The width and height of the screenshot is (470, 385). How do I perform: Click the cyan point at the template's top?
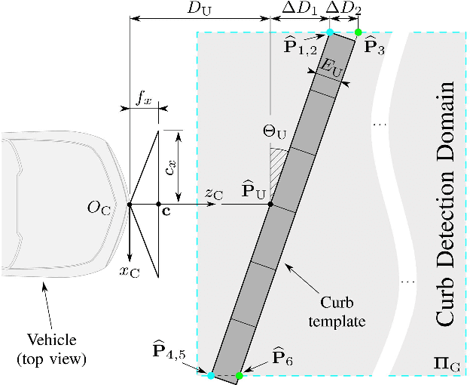coord(329,32)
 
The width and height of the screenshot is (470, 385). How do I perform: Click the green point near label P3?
coord(358,32)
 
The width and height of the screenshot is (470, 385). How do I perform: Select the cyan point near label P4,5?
coord(211,375)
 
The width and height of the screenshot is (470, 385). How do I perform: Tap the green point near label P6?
coord(240,375)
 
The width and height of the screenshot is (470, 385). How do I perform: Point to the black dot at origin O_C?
coord(130,204)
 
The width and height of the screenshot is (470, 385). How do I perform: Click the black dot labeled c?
coord(158,204)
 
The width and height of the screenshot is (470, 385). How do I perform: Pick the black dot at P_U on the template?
coord(270,204)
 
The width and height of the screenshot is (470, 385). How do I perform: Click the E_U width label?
coord(331,66)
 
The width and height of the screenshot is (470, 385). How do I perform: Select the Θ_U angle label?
coord(275,132)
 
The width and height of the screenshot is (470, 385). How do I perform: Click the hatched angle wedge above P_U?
coord(278,161)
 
